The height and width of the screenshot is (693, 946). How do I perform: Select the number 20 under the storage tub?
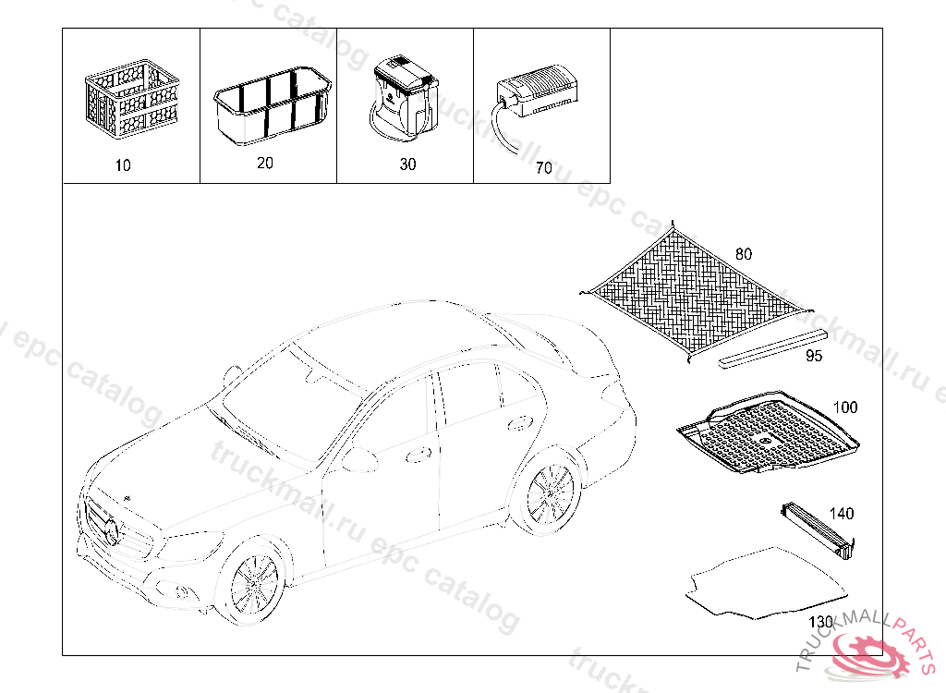coord(265,163)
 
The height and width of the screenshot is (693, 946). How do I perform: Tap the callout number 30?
coord(407,164)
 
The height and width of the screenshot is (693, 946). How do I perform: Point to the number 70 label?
coord(543,168)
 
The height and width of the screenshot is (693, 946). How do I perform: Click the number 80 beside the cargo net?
coord(744,252)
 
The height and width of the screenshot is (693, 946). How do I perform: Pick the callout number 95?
coord(814,356)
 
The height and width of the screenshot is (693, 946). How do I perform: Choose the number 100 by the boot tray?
coord(844,407)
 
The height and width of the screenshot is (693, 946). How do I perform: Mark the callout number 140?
coord(842,514)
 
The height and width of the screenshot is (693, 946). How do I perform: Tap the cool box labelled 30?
coord(404,98)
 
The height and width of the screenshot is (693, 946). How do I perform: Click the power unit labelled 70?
coord(540,92)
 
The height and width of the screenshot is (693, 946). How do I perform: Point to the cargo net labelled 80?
coord(693,287)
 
